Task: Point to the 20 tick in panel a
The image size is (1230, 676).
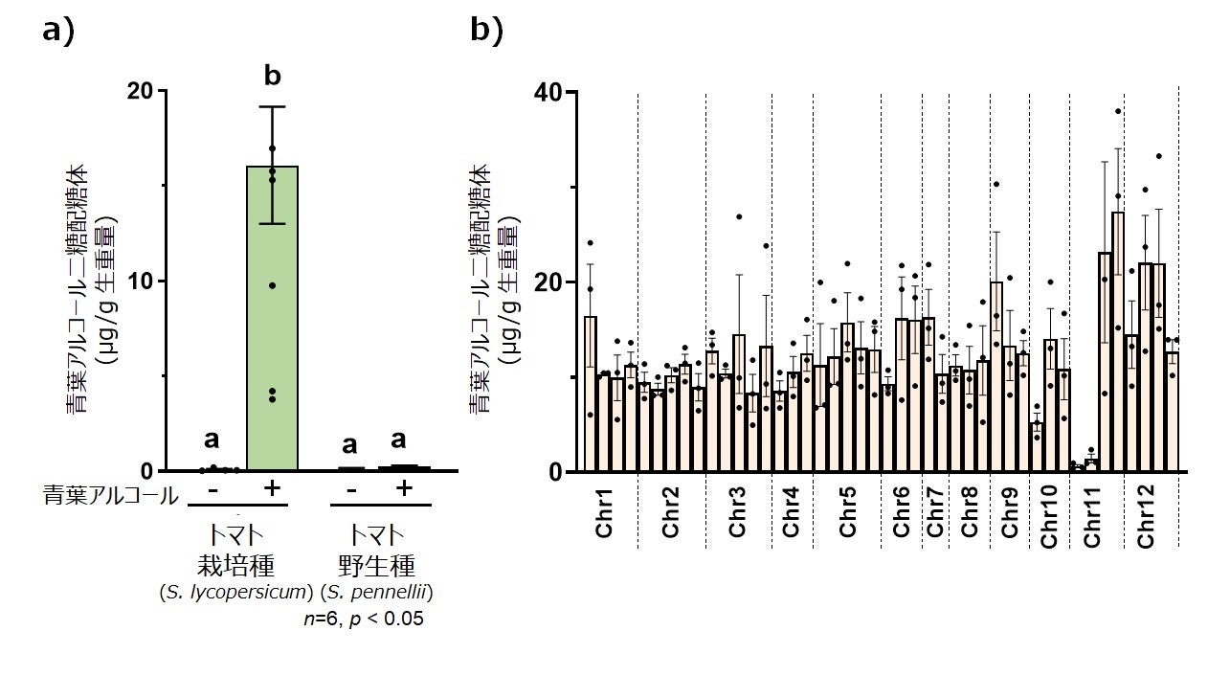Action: coord(140,91)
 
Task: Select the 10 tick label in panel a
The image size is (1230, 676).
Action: coord(140,281)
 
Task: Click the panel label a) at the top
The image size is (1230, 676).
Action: coord(58,31)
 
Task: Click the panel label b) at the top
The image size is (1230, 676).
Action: coord(486,31)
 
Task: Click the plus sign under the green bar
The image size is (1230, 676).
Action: coord(271,488)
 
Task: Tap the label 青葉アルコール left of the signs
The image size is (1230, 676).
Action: coord(111,495)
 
